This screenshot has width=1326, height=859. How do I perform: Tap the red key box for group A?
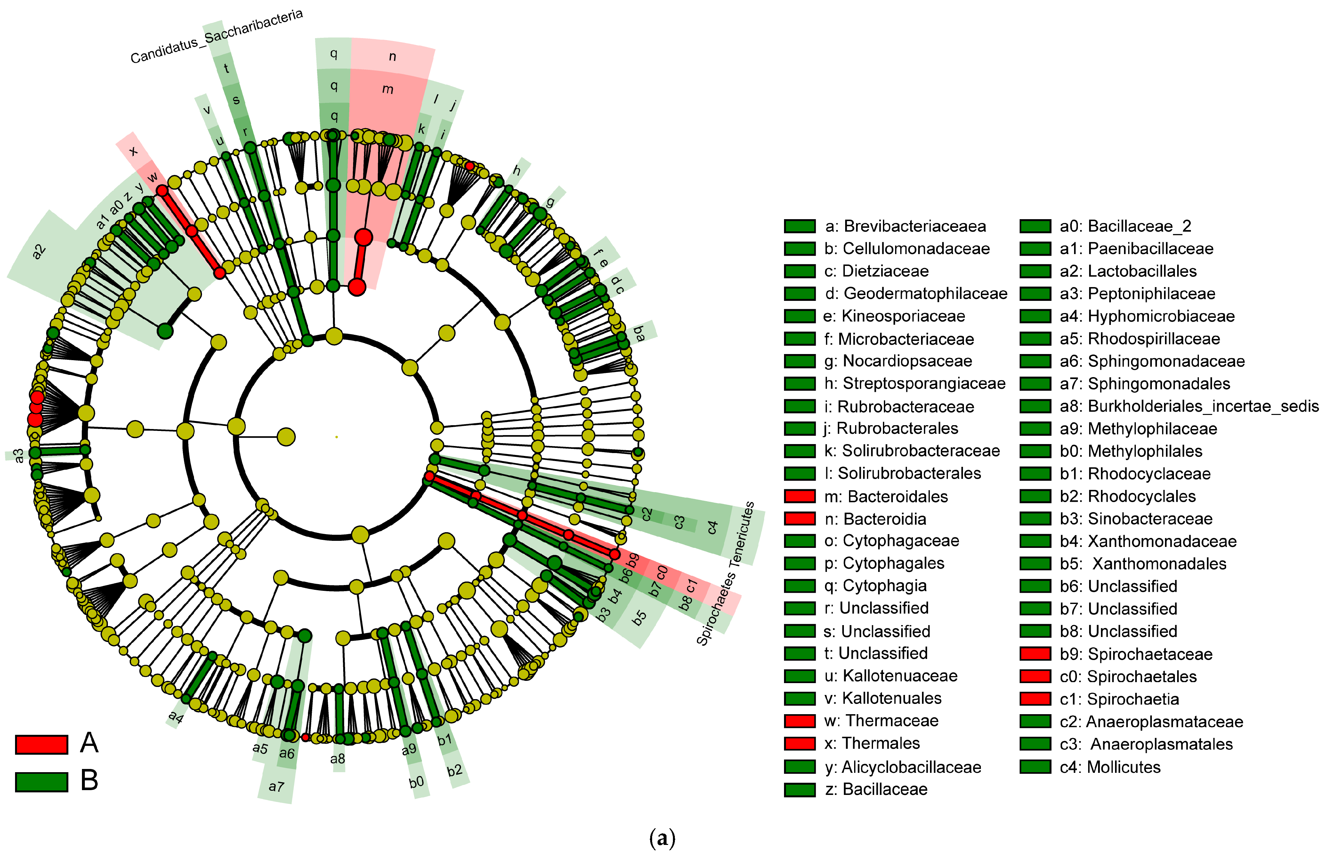tap(42, 744)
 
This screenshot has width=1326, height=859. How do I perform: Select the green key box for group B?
tap(42, 781)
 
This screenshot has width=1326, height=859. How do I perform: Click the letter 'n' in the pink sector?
tap(392, 56)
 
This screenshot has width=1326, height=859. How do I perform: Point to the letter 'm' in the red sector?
tap(388, 89)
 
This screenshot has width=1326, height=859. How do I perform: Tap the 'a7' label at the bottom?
tap(276, 787)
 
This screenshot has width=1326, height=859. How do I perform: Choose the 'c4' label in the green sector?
tap(712, 527)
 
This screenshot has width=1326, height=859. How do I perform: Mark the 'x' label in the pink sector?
tap(133, 151)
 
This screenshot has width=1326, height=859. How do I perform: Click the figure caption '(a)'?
tap(662, 838)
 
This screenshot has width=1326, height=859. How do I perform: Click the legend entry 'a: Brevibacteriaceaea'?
tap(905, 226)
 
